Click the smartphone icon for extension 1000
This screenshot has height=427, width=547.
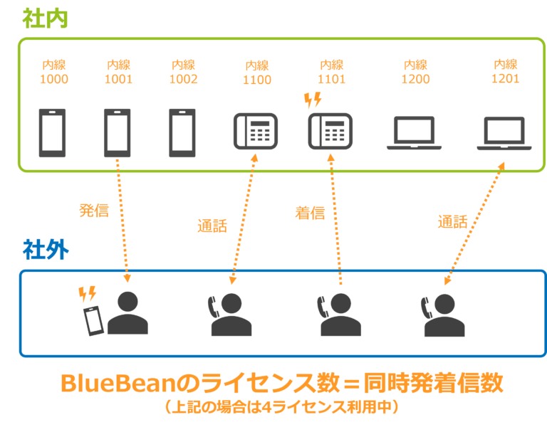coord(52,132)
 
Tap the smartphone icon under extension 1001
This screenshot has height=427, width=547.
coord(117,132)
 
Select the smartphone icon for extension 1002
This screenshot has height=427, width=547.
coord(182,132)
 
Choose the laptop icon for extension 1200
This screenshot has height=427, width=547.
coord(414,133)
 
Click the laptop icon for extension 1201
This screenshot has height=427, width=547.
coord(504,133)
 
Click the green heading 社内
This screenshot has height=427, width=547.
coord(44,18)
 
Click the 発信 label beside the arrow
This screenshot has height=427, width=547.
coord(93,211)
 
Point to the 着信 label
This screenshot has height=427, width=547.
coord(310,213)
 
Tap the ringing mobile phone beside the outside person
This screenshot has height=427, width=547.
coord(93,320)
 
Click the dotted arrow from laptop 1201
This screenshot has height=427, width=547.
coord(474,223)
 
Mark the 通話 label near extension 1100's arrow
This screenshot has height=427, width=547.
coord(212,226)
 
